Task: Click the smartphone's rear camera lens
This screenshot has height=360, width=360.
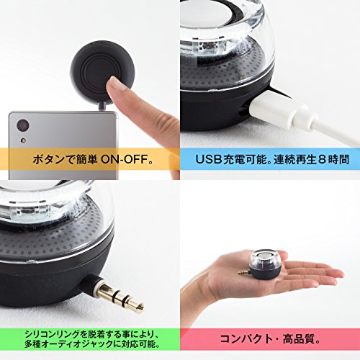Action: point(23,125)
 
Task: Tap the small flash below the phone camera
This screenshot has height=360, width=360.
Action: point(23,140)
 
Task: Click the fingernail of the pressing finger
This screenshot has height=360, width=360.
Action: point(116,84)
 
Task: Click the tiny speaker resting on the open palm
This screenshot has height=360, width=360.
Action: point(265,264)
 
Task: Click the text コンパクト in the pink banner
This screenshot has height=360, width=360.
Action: point(246,339)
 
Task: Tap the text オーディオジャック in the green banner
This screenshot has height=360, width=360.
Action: point(78,344)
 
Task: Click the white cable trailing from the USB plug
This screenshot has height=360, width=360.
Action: point(336,135)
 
